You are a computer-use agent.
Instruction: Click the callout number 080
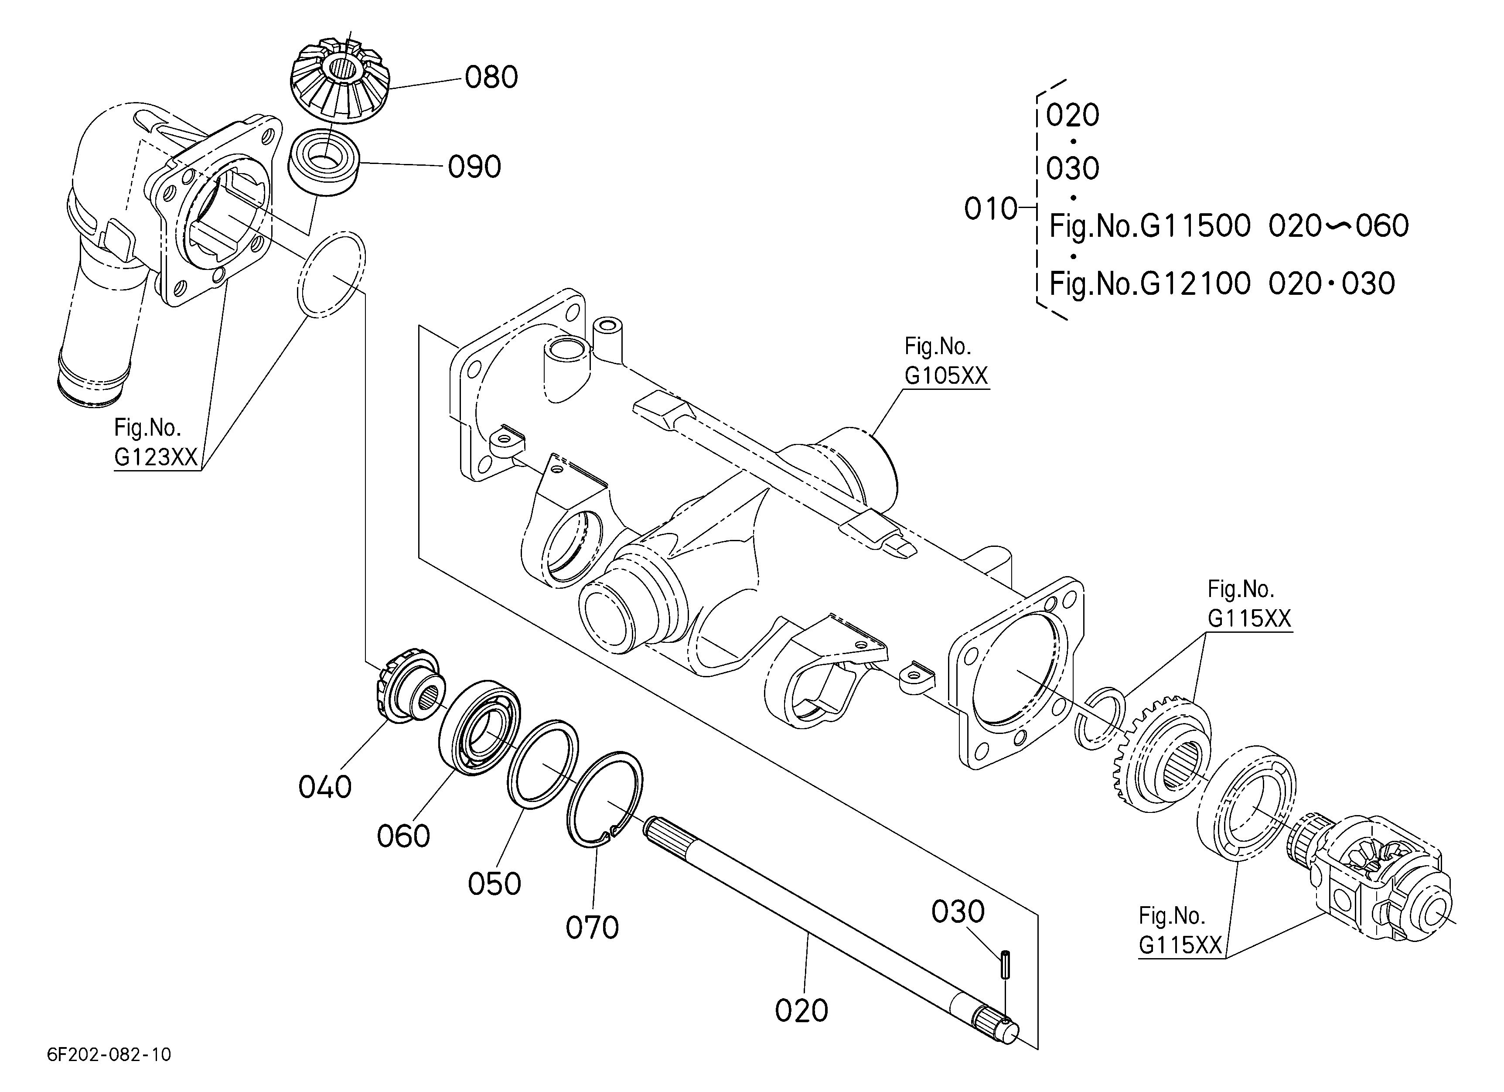coord(491,78)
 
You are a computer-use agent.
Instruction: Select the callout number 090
coord(474,167)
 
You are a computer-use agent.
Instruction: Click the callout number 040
coord(325,787)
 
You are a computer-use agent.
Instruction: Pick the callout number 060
coord(403,836)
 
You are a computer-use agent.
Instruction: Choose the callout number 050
coord(495,884)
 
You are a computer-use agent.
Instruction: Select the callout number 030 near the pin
coord(958,912)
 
